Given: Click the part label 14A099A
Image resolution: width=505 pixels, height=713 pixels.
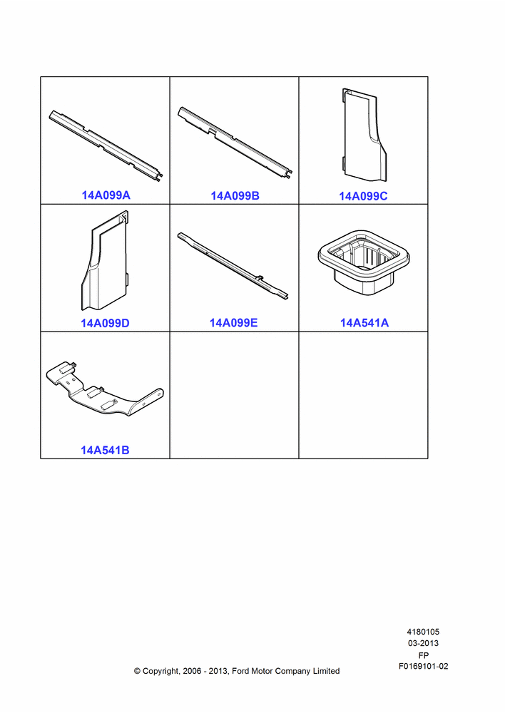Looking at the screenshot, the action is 106,195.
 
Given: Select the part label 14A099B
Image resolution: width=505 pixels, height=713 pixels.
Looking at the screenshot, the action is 235,195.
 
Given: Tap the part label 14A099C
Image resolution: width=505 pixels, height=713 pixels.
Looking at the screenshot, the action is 363,196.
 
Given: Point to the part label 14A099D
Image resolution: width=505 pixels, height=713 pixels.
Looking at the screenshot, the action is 105,323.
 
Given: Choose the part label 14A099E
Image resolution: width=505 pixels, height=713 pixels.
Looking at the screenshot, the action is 233,322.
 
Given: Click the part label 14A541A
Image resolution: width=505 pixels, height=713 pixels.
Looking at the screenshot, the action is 364,322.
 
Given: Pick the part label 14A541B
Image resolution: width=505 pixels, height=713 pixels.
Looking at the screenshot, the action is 105,450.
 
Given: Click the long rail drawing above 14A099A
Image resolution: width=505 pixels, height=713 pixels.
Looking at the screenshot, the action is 106,145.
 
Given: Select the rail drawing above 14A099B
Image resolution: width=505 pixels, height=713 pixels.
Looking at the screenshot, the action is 235,143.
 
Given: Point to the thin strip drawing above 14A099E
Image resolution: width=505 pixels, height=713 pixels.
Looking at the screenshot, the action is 233,266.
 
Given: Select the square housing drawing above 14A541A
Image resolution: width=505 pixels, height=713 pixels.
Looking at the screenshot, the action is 362,262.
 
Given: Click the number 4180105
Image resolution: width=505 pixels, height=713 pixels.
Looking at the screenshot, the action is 423,632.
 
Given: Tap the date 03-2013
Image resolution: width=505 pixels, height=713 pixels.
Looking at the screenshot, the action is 423,643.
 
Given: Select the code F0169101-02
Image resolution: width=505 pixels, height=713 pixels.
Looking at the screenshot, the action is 424,666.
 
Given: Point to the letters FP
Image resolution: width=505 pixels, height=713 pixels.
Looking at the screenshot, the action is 424,655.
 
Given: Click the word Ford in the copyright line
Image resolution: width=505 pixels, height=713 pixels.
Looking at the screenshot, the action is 240,671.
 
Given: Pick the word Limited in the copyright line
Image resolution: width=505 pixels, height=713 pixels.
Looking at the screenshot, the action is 326,671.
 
